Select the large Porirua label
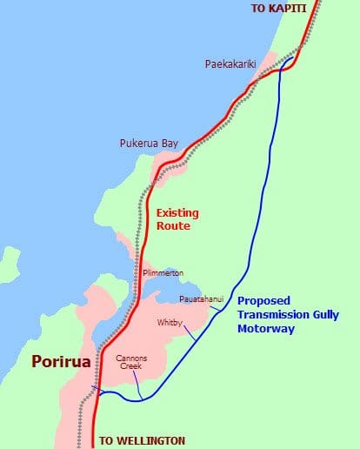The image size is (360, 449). click(x=61, y=361)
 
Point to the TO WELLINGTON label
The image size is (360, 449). click(x=142, y=441)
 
